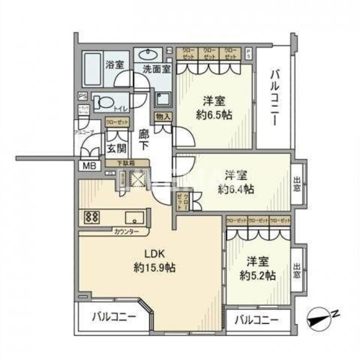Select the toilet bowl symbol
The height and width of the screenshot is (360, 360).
(x=106, y=102)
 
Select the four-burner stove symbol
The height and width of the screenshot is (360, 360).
(x=93, y=217)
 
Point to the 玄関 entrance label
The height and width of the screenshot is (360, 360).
(x=115, y=148)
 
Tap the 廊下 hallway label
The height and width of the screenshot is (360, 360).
(x=144, y=139)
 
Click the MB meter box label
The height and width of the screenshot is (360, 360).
(x=88, y=166)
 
